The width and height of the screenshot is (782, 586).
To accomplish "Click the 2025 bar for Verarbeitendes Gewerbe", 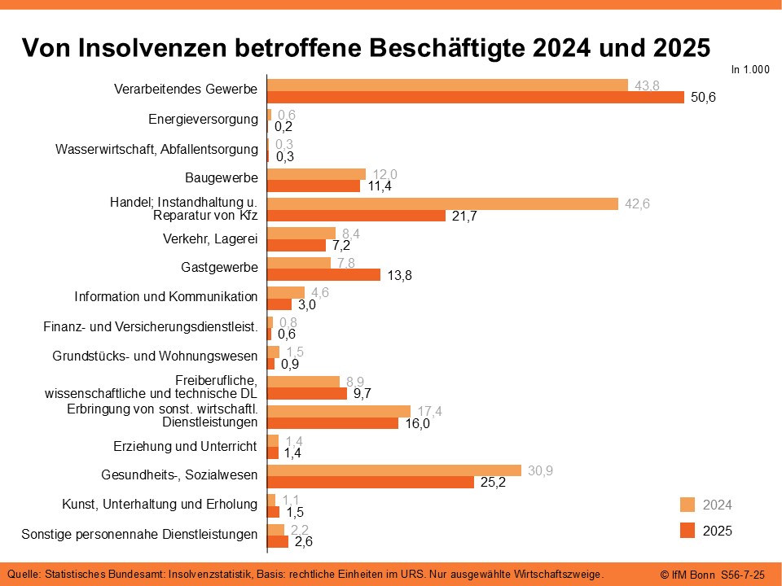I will pyautogui.click(x=476, y=98).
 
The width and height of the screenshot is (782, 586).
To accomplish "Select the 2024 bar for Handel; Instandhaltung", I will pyautogui.click(x=442, y=203).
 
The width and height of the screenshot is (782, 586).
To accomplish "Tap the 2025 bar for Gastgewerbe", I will pyautogui.click(x=323, y=275).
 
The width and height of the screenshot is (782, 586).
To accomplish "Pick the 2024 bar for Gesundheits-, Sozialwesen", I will pyautogui.click(x=393, y=470).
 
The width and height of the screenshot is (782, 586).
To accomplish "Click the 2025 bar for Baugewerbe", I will pyautogui.click(x=314, y=186).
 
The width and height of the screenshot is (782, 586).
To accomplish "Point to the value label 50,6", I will pyautogui.click(x=702, y=98).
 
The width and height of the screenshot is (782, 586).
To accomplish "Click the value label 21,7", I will pyautogui.click(x=463, y=216).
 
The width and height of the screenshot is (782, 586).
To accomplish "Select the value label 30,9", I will pyautogui.click(x=539, y=470).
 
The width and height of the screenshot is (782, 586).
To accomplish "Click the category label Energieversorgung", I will pyautogui.click(x=203, y=119).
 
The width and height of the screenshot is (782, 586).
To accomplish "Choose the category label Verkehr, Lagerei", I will pyautogui.click(x=210, y=238).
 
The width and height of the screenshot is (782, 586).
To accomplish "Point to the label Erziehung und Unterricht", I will pyautogui.click(x=185, y=446).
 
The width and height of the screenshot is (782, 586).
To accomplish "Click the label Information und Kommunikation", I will pyautogui.click(x=166, y=297).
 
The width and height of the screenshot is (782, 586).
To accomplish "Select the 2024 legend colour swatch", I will pyautogui.click(x=688, y=505).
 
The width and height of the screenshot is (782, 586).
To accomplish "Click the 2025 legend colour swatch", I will pyautogui.click(x=688, y=531).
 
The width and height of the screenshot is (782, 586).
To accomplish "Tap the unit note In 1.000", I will pyautogui.click(x=749, y=70).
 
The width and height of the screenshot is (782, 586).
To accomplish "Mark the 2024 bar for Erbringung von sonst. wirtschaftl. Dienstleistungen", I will pyautogui.click(x=339, y=411).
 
